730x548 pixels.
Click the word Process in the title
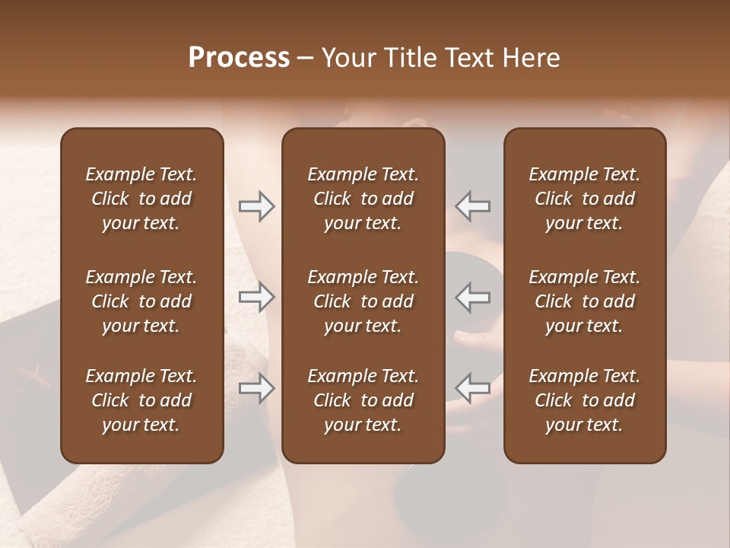coord(239,58)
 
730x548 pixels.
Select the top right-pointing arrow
coord(257,206)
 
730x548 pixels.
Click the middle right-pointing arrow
coord(257,297)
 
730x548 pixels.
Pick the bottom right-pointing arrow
coord(257,388)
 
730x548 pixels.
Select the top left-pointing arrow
coord(473,206)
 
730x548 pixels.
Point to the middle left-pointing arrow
coord(473,297)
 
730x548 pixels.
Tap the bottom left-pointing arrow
coord(473,388)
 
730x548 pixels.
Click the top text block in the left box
coord(141,199)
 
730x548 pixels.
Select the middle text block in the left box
coord(141,301)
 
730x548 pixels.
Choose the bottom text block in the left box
coord(141,400)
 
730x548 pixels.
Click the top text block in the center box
coord(363,199)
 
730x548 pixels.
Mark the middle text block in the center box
coord(363,301)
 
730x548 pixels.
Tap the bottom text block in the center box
coord(363,400)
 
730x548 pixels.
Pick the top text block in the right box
coord(585,199)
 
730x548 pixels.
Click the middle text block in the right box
coord(585,301)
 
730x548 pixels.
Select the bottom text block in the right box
coord(585,400)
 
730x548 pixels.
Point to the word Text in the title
coord(466,58)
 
